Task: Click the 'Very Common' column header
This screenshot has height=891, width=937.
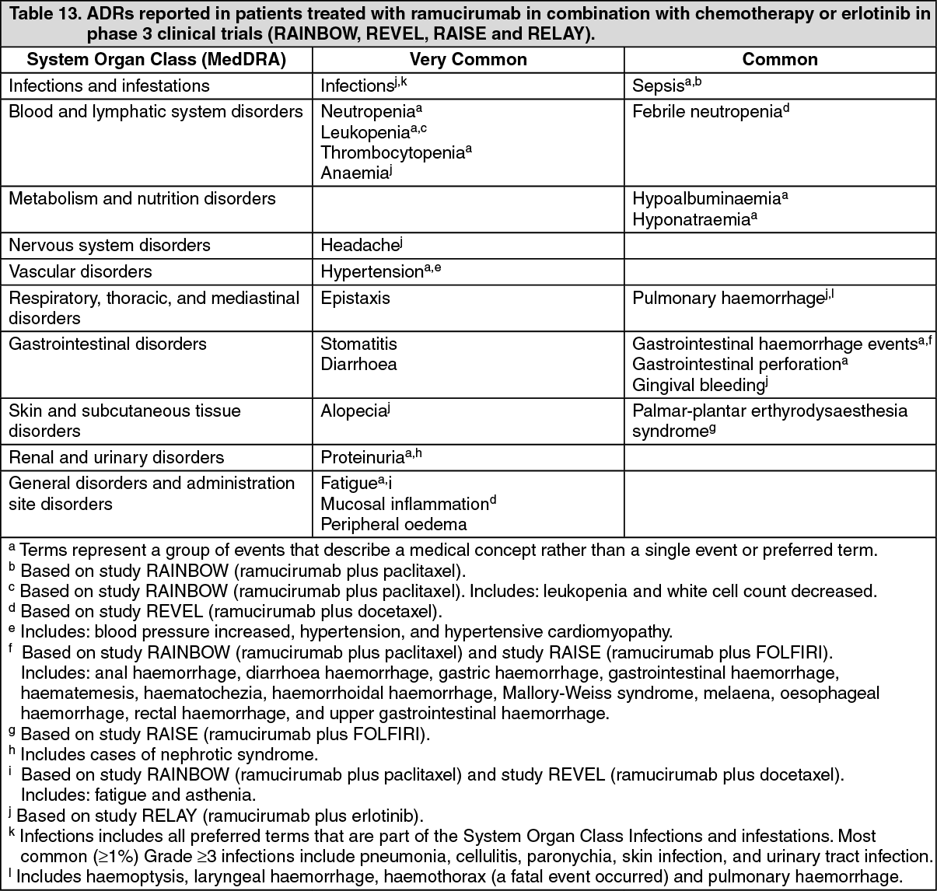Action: (x=468, y=60)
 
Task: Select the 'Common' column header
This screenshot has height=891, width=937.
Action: (x=780, y=60)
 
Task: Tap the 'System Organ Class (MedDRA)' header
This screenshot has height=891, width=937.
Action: (x=156, y=60)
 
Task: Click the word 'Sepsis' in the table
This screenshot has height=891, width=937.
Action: (x=658, y=86)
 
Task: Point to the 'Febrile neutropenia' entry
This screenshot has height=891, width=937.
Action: (x=706, y=112)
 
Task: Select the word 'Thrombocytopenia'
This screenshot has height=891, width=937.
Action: (x=393, y=153)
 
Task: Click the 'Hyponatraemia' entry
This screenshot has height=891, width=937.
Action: (x=691, y=220)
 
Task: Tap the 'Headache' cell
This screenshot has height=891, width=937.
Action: (x=359, y=246)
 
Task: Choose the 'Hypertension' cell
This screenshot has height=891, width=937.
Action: (x=372, y=272)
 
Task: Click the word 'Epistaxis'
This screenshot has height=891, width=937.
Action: (x=355, y=298)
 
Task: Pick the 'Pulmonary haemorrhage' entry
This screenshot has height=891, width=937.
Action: (x=727, y=299)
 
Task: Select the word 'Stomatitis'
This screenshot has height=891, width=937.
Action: (x=358, y=344)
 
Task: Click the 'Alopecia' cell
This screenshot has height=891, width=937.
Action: (x=353, y=411)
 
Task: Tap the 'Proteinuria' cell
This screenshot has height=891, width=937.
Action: (x=362, y=458)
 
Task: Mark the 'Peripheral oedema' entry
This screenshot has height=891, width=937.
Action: (x=393, y=525)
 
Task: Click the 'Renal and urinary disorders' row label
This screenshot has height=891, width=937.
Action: (x=117, y=457)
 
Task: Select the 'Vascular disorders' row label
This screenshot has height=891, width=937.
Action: (x=80, y=271)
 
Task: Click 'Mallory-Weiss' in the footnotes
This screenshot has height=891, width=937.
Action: (x=551, y=693)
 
